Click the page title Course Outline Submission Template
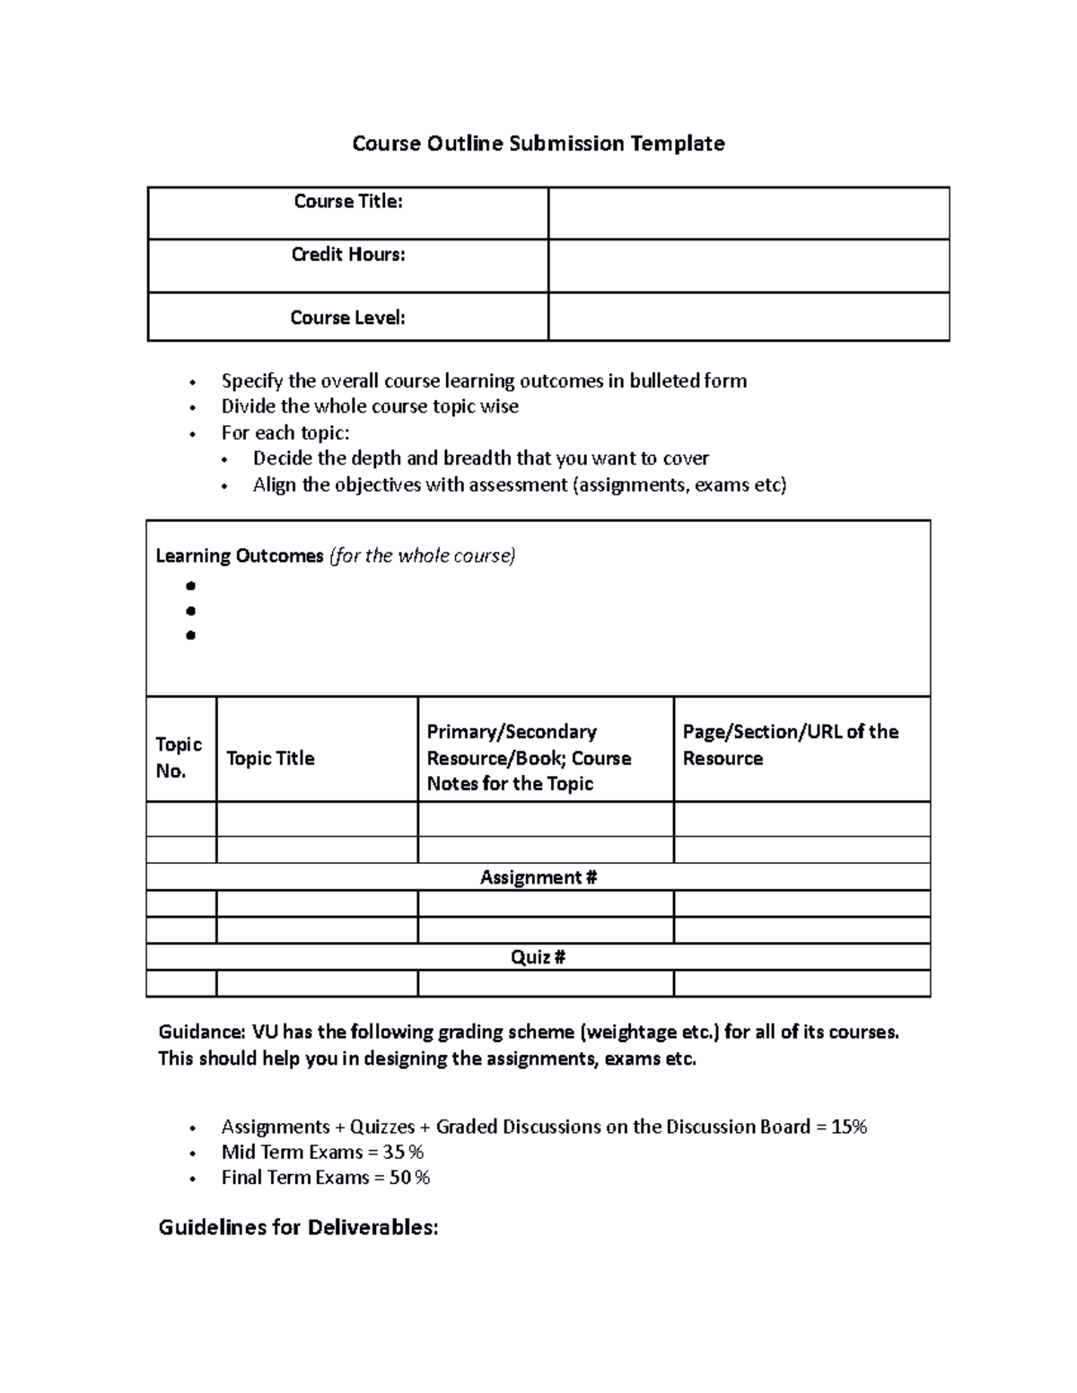[x=538, y=144]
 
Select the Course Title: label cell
[x=347, y=202]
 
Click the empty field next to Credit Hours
[x=748, y=266]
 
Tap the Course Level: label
[x=347, y=318]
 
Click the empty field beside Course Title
[x=748, y=213]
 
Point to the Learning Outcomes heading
[x=240, y=556]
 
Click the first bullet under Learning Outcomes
[x=190, y=587]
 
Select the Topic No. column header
[x=179, y=757]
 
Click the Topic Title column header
[x=270, y=759]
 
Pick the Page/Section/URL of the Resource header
[x=790, y=744]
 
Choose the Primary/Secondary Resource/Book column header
[x=529, y=757]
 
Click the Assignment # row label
[x=538, y=877]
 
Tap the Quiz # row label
[x=538, y=957]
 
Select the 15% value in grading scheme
[x=849, y=1127]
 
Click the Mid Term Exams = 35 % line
[x=322, y=1152]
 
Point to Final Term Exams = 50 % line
[x=325, y=1177]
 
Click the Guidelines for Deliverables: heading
[x=298, y=1227]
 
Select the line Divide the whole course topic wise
[x=370, y=406]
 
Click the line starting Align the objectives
[x=519, y=485]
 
